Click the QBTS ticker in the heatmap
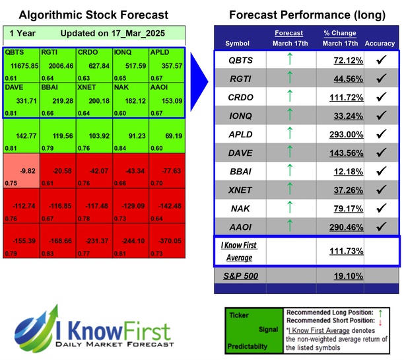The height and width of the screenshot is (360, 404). click(x=14, y=52)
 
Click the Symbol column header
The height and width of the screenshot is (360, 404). click(x=238, y=44)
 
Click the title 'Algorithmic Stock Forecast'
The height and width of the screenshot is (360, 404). click(x=93, y=15)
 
